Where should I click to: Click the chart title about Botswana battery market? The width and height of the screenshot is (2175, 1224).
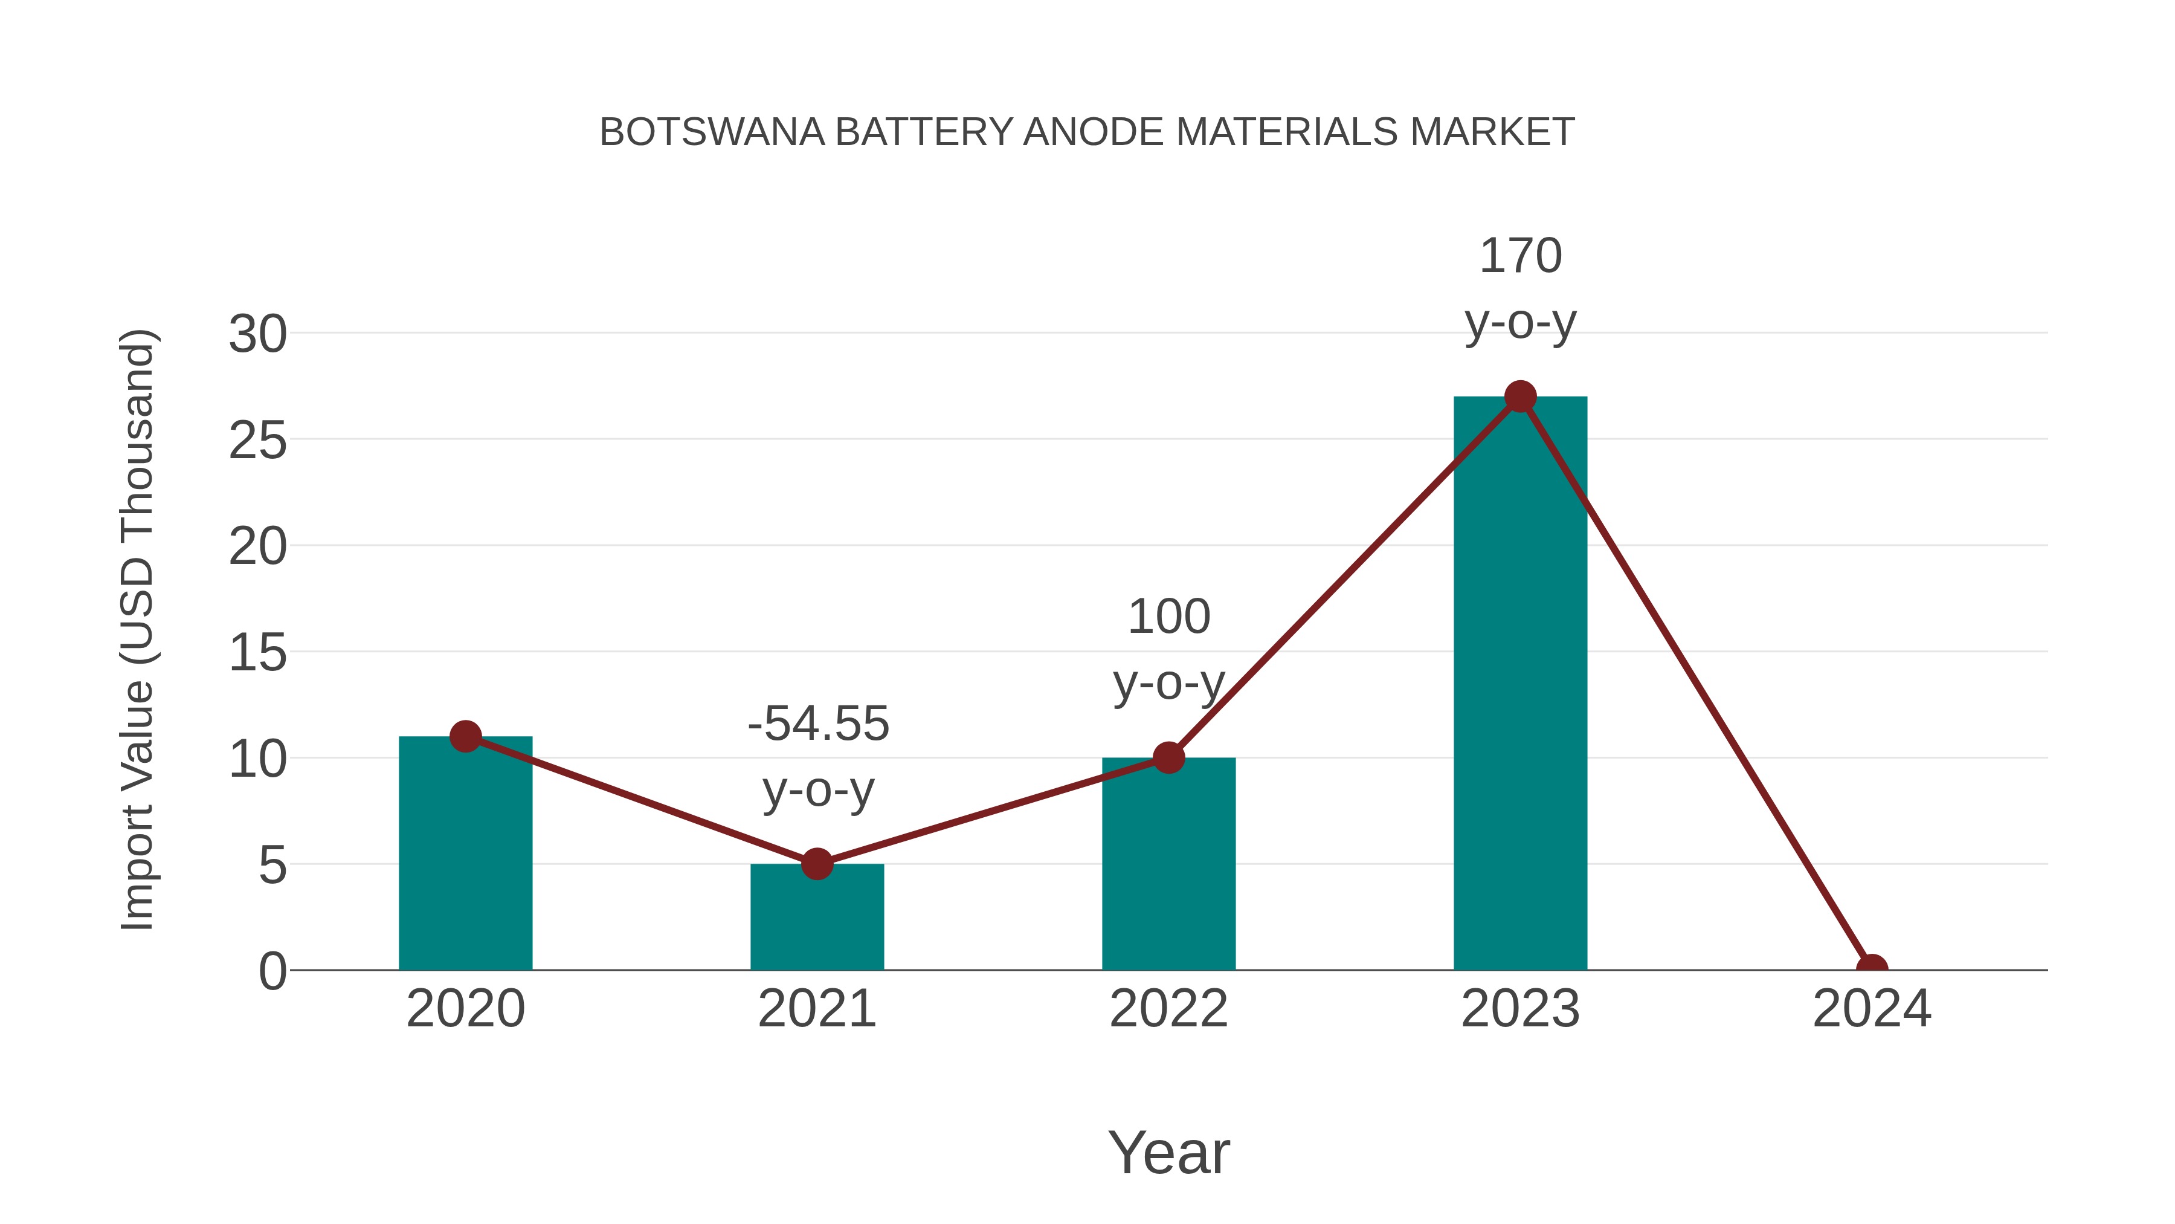point(1087,132)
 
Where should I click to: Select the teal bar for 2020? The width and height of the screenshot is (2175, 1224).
point(465,853)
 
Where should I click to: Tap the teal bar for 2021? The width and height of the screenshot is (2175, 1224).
point(816,918)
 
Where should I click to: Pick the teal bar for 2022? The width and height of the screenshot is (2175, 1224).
point(1168,864)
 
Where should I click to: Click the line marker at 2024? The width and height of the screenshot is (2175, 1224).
point(1872,968)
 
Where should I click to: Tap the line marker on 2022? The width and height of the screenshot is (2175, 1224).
point(1168,758)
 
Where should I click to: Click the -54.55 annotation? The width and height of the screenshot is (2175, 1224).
point(818,724)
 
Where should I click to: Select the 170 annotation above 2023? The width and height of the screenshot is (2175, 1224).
point(1521,256)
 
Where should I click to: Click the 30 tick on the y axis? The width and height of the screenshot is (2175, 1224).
point(257,334)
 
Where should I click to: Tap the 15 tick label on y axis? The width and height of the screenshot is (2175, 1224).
point(257,653)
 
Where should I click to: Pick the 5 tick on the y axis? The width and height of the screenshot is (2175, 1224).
point(272,866)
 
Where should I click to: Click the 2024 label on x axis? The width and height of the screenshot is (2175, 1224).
point(1872,1009)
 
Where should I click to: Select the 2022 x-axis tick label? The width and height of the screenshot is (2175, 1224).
point(1168,1009)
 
